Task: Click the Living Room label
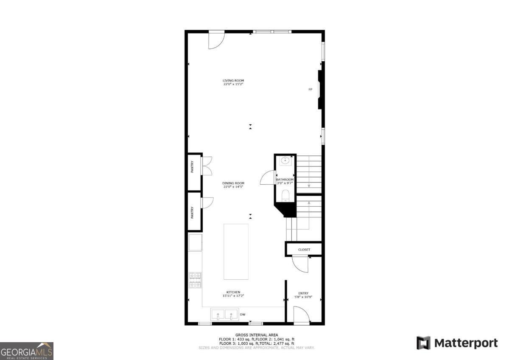233,80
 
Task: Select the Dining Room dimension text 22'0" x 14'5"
233,187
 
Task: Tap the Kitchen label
233,292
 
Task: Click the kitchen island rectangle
236,251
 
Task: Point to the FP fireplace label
310,90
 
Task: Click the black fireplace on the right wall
321,90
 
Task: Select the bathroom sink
285,161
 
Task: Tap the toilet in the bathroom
285,196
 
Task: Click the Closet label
304,250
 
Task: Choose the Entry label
303,293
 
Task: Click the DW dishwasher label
243,315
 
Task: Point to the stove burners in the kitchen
195,281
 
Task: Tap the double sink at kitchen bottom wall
225,315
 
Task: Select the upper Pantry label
192,166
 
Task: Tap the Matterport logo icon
423,343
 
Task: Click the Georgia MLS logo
27,351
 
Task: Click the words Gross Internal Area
257,335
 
